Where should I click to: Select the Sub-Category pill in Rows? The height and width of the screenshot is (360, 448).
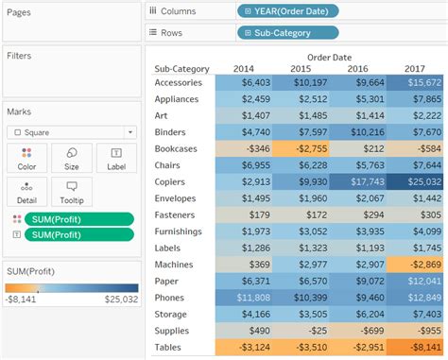pos(287,32)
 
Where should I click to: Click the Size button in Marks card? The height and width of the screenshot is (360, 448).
pos(72,158)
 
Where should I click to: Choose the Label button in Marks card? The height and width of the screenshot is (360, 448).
pos(116,158)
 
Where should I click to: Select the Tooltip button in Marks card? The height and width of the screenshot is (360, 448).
pos(72,192)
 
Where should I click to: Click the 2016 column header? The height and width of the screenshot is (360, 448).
pos(358,68)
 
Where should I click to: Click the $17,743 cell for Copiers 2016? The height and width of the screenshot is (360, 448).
pos(360,181)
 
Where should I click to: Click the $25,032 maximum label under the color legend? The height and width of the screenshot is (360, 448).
pos(121,299)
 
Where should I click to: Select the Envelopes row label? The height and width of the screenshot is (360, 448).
pos(175,197)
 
